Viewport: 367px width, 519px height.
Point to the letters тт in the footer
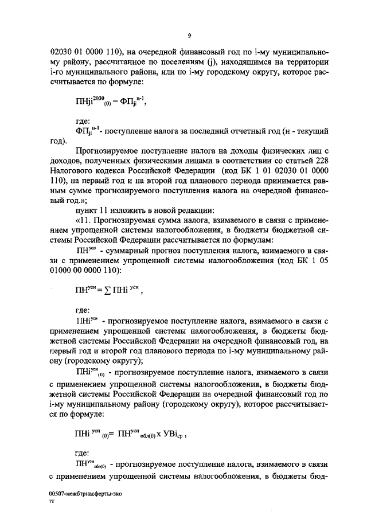[53, 501]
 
